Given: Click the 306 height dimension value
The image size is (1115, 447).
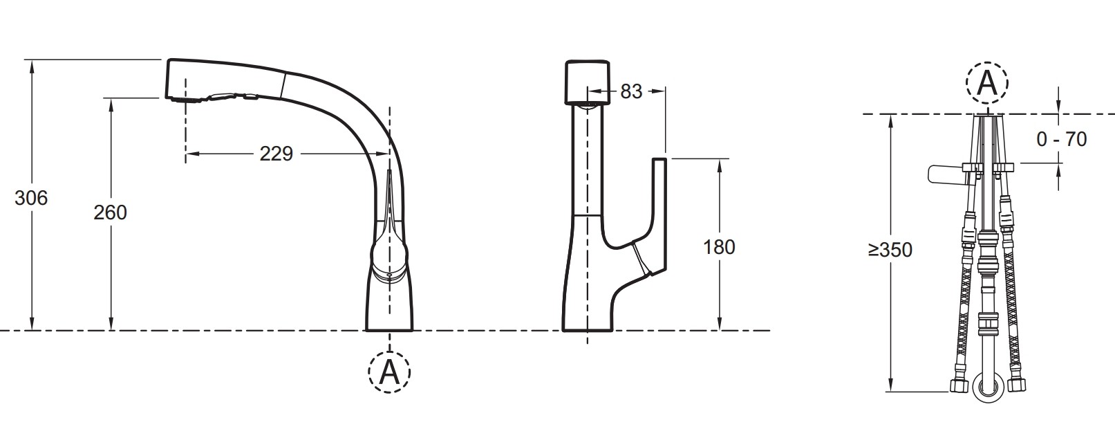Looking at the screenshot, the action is tap(31, 199).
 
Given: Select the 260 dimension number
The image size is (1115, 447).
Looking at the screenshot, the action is tap(110, 213).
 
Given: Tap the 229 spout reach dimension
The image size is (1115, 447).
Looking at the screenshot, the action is tap(277, 154).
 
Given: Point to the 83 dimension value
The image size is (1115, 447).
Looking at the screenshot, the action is tap(631, 92).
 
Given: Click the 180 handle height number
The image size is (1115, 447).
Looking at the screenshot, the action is tap(719, 247).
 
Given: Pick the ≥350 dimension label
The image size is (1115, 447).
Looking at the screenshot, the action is tap(890, 250).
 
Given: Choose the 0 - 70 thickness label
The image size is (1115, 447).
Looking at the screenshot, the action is tap(1062, 139).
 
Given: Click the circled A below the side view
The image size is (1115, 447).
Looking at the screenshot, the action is tap(389, 372).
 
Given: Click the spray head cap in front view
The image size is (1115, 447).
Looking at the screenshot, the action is tap(588, 82).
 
